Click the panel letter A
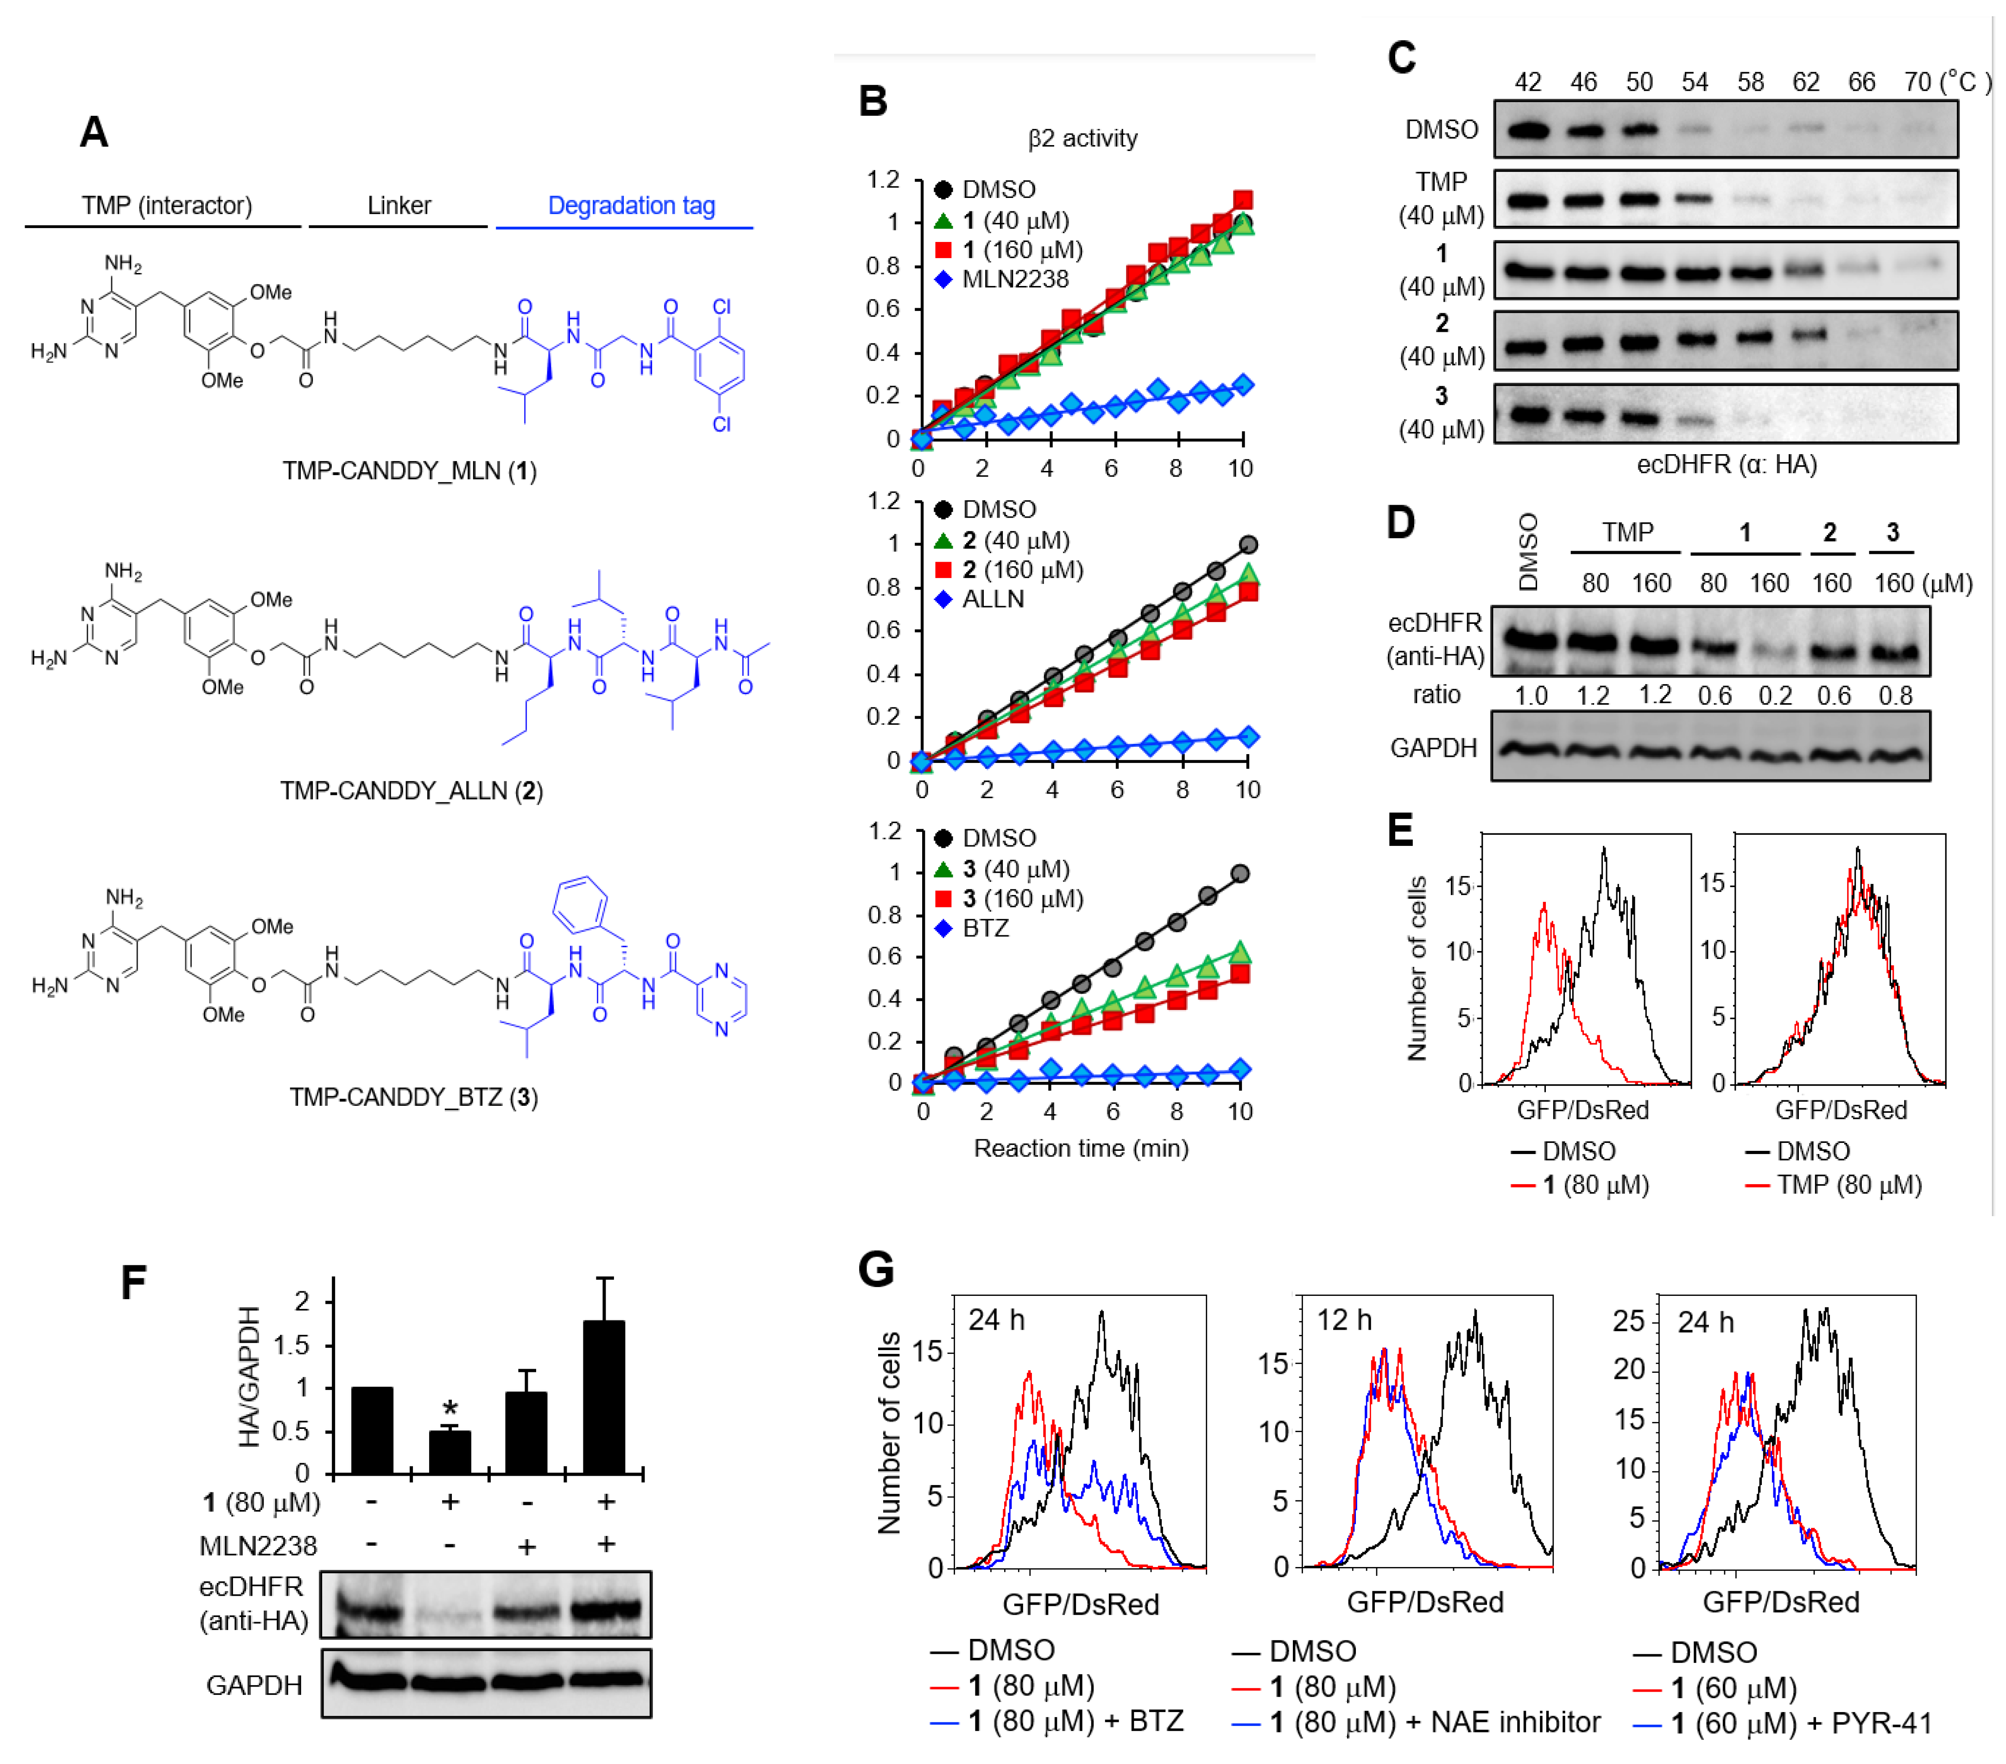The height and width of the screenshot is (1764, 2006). (94, 132)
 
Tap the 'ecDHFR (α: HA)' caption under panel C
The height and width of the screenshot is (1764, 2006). (1726, 464)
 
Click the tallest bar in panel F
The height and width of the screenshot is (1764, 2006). (604, 1396)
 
